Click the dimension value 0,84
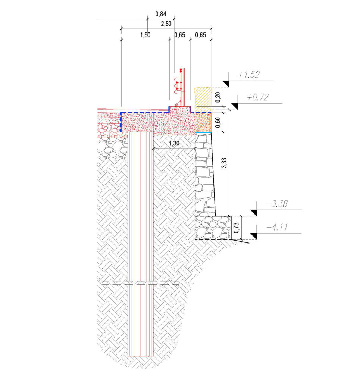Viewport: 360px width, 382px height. tap(161, 14)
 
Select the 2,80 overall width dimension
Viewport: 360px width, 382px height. tap(166, 24)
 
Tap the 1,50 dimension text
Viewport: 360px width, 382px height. tap(145, 35)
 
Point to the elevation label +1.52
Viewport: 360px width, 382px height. tap(249, 75)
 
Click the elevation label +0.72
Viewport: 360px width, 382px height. tap(258, 97)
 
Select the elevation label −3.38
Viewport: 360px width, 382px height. tap(276, 204)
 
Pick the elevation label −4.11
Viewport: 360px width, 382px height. tap(277, 227)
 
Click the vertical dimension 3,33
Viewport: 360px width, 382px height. tap(224, 163)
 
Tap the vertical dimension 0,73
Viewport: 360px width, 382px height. tap(236, 228)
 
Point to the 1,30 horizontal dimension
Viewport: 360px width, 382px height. tap(174, 143)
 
